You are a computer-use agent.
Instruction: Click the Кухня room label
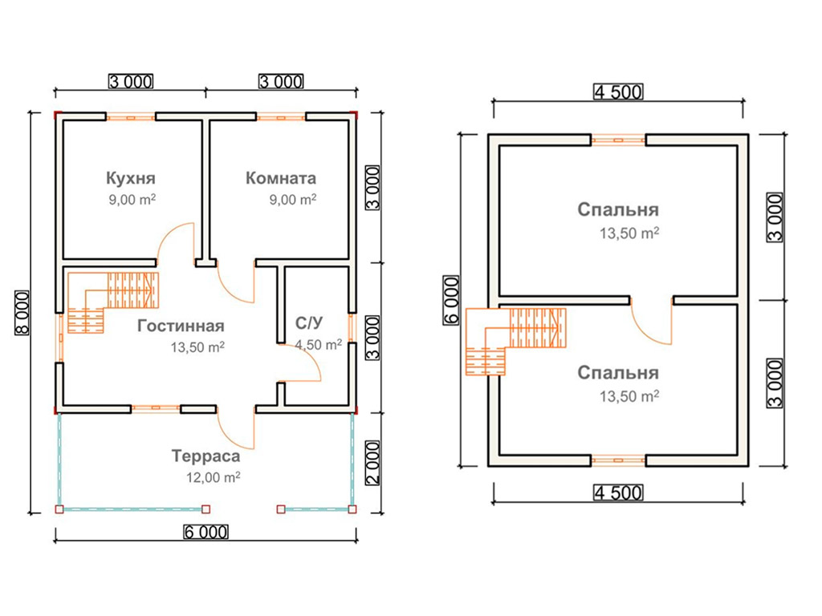click(131, 178)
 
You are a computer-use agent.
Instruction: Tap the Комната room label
click(281, 178)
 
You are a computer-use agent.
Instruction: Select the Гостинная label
click(181, 326)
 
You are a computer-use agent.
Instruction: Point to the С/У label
click(309, 322)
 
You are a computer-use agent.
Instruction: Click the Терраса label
click(206, 456)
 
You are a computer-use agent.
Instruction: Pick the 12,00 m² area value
click(214, 478)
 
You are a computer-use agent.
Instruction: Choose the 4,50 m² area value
click(318, 345)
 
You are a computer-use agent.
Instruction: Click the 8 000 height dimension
click(22, 313)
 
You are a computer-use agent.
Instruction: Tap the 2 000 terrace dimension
click(372, 463)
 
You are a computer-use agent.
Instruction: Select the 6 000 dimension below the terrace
click(206, 533)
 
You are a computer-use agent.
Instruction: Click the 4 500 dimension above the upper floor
click(618, 92)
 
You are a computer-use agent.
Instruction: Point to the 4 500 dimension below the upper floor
click(618, 493)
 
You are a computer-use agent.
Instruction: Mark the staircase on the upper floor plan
click(516, 340)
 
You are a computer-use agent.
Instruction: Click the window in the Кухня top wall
click(131, 117)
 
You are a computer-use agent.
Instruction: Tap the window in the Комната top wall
click(281, 117)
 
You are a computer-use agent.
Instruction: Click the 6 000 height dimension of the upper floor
click(451, 300)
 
